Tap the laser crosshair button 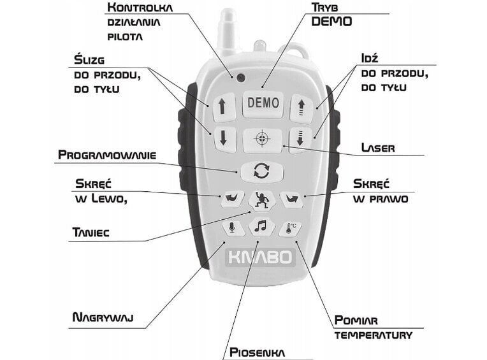(x=262, y=140)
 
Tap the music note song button (x=261, y=226)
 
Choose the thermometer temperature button (x=291, y=228)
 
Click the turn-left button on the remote (x=231, y=198)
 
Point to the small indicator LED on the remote (x=240, y=78)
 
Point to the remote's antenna (x=227, y=32)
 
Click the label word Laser (x=377, y=148)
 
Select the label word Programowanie (x=106, y=155)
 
